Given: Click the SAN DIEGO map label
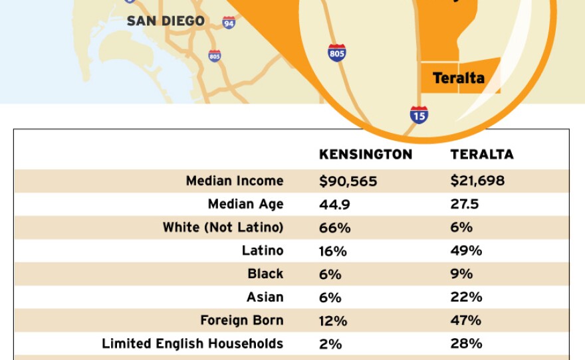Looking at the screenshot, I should click(166, 21).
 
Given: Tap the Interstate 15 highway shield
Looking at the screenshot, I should click(419, 115).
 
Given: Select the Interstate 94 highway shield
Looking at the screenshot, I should click(229, 23).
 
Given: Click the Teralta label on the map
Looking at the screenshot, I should click(459, 78).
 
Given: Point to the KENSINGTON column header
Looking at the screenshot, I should click(366, 155).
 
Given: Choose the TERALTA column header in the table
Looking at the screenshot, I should click(482, 155).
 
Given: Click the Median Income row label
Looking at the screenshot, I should click(235, 181).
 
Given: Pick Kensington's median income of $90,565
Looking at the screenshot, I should click(348, 181).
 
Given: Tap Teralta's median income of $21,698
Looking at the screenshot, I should click(477, 181).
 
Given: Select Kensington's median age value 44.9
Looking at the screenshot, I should click(334, 205).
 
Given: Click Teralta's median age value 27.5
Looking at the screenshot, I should click(465, 205).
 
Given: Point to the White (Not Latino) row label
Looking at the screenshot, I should click(223, 227).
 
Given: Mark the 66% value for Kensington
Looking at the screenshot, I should click(334, 228).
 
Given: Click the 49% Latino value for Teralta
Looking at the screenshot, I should click(466, 251).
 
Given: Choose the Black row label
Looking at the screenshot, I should click(265, 274).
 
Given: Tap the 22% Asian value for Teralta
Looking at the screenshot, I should click(465, 298).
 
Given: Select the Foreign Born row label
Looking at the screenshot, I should click(242, 320).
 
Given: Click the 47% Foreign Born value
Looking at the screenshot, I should click(466, 321).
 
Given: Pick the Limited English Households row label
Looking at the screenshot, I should click(192, 343).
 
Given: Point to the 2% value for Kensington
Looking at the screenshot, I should click(330, 344).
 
